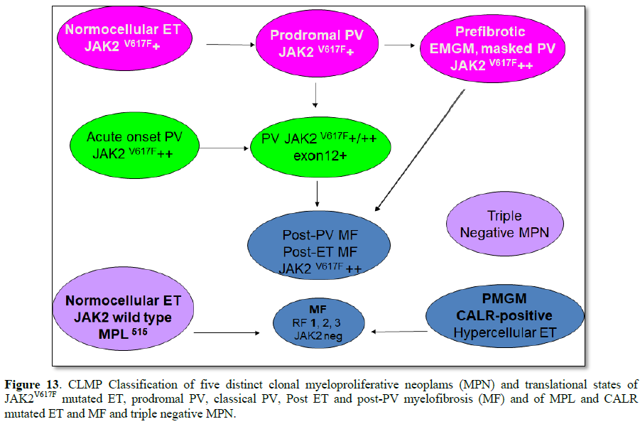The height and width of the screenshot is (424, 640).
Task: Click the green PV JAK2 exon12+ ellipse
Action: point(318,148)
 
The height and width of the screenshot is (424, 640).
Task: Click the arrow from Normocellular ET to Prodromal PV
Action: point(230,45)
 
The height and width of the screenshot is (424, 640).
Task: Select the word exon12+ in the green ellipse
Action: point(318,156)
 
